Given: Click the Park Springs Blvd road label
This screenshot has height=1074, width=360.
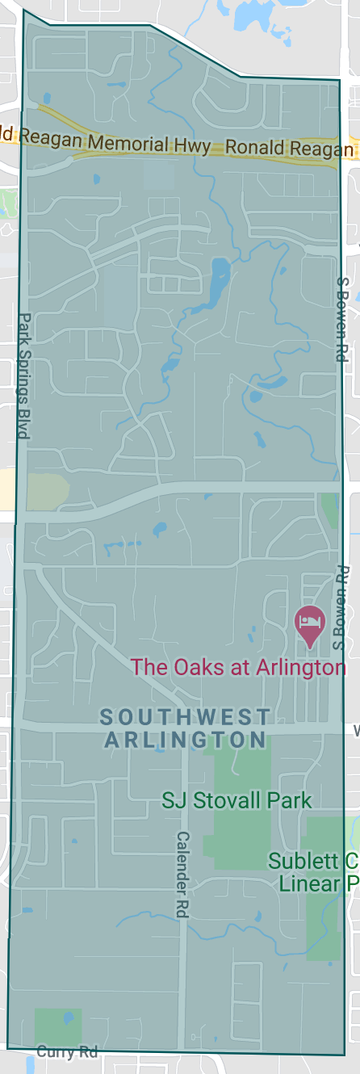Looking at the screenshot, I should pos(23,375).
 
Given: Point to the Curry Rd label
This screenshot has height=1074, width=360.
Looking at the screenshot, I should pos(68,1051).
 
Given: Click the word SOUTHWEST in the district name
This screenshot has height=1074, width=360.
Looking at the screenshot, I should pos(185,716).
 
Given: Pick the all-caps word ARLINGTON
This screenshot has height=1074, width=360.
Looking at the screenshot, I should pos(185,739).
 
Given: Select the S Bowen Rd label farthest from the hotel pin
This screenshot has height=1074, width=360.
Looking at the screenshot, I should pos(341,319).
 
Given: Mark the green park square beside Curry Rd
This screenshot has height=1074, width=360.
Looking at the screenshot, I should pos(57,1026).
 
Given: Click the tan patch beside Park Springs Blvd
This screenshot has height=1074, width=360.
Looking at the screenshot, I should pos(47,491).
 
